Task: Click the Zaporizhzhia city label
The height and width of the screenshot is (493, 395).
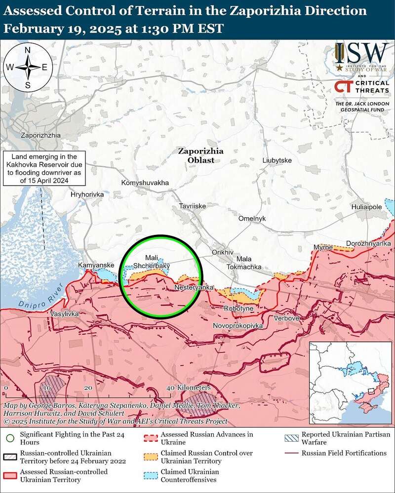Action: [x=40, y=135]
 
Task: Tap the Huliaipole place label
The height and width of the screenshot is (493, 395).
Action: [x=366, y=207]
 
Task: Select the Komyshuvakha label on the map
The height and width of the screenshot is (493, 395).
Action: [x=145, y=183]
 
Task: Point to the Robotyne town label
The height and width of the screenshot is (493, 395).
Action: [x=238, y=308]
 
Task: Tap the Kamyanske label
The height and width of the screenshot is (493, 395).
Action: [x=96, y=265]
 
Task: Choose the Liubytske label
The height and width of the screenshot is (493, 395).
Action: [x=277, y=161]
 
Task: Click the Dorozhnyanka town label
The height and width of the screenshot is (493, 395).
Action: [x=368, y=244]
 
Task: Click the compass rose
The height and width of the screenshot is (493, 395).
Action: [x=28, y=67]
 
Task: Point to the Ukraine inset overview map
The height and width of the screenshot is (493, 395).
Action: [x=349, y=382]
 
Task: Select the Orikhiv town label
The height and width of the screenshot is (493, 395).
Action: [x=222, y=252]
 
